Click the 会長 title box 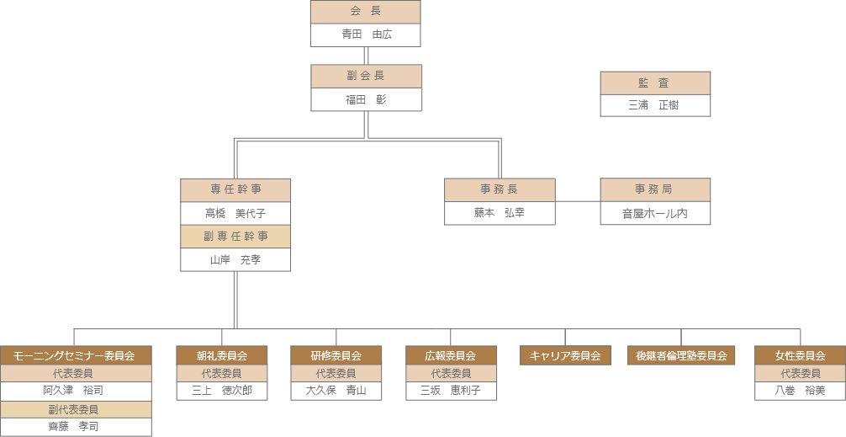click(x=365, y=12)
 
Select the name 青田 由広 click(x=365, y=35)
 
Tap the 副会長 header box click(x=366, y=76)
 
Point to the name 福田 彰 click(x=366, y=99)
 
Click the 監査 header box click(x=655, y=83)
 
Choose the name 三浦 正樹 click(x=655, y=105)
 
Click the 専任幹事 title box click(x=235, y=189)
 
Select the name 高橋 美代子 click(x=235, y=213)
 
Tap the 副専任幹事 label click(x=235, y=237)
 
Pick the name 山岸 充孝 click(x=235, y=259)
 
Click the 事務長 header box click(x=500, y=189)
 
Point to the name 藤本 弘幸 click(x=500, y=213)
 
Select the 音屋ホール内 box click(x=655, y=213)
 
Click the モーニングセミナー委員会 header click(x=76, y=355)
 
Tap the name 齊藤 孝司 click(x=76, y=426)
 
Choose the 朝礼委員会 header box click(x=222, y=355)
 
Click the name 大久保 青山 click(x=336, y=391)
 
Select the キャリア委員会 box click(x=565, y=355)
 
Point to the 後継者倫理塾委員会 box click(x=681, y=355)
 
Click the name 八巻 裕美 click(x=800, y=391)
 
